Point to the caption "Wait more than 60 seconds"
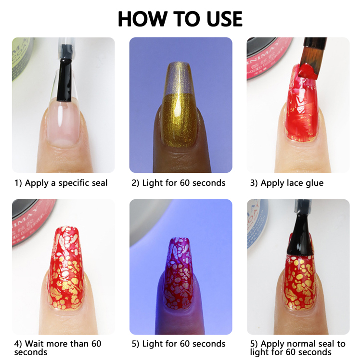click(x=58, y=348)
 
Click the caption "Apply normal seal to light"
click(x=297, y=348)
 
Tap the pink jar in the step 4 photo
click(x=32, y=221)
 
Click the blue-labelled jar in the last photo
click(x=257, y=223)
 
